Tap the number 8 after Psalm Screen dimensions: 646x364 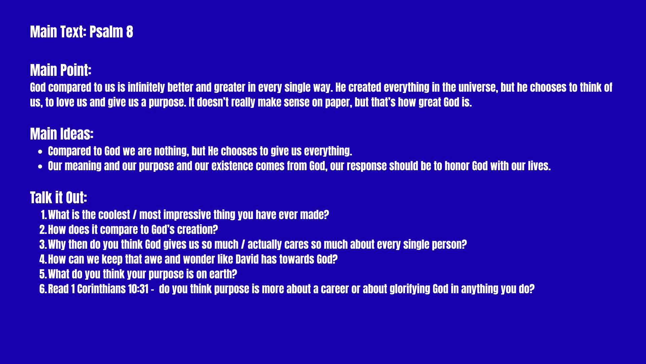[130, 32]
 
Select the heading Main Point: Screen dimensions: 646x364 [61, 70]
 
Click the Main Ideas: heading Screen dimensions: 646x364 [62, 134]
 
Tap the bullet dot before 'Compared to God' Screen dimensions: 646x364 [40, 152]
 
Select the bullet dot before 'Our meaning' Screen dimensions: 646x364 [40, 166]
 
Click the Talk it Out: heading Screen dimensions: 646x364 [59, 198]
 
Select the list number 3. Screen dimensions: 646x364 [43, 245]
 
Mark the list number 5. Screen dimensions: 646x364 [43, 274]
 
